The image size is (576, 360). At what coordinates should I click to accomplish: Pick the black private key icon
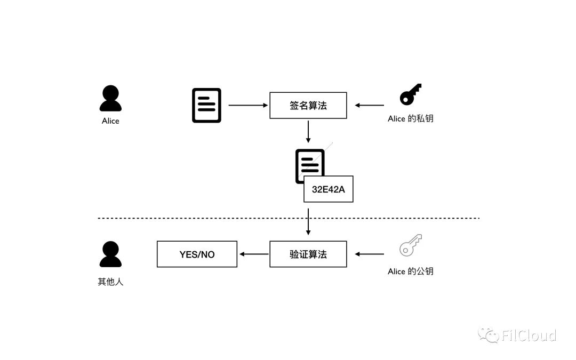410,94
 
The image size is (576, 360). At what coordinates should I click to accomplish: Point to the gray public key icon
410,245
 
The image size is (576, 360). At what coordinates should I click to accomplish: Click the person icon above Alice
110,99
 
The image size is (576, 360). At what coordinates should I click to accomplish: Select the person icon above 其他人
110,254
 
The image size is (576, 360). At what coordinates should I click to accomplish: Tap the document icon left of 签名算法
206,106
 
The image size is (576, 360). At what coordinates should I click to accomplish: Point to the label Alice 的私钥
410,118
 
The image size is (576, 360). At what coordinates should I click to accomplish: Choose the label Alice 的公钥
410,271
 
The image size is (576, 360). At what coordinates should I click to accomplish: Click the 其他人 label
110,282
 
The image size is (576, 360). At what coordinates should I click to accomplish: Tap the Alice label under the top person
110,121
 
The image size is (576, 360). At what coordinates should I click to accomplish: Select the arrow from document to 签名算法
249,106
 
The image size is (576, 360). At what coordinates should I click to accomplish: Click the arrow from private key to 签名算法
370,106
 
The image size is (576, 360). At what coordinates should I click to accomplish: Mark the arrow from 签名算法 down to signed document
308,132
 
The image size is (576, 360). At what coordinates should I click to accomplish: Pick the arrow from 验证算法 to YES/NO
254,254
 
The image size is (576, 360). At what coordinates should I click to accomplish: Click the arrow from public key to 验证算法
370,254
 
